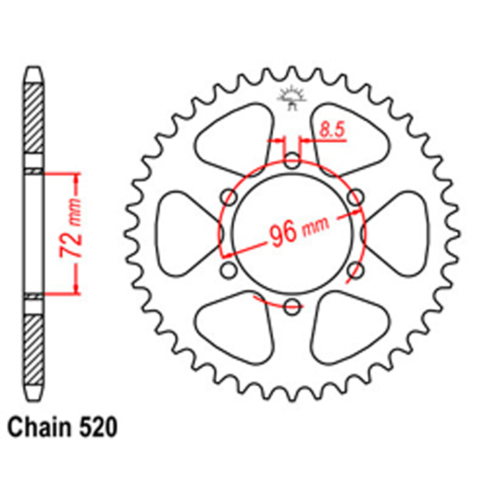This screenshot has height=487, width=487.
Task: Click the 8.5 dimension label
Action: click(332, 130)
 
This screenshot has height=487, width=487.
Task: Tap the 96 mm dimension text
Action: click(299, 231)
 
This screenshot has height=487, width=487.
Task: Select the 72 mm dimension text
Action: click(71, 228)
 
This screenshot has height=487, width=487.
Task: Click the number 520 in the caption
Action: click(98, 428)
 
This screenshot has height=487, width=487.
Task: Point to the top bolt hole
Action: click(292, 161)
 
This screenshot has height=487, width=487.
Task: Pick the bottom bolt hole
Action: click(292, 306)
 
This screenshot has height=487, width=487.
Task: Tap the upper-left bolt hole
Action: click(229, 197)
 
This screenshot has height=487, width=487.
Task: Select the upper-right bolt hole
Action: click(356, 197)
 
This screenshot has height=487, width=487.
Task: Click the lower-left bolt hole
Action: click(229, 270)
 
